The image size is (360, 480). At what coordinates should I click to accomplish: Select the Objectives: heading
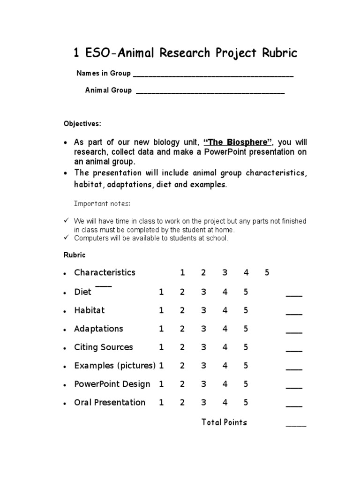pyautogui.click(x=82, y=124)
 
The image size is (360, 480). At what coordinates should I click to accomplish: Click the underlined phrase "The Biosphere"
pyautogui.click(x=238, y=142)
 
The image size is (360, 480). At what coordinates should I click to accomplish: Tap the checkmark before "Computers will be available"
pyautogui.click(x=66, y=238)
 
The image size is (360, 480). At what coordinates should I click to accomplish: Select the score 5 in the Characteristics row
pyautogui.click(x=267, y=273)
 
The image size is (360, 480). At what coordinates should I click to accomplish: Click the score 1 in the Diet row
pyautogui.click(x=161, y=292)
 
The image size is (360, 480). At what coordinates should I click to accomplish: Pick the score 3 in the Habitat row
pyautogui.click(x=203, y=310)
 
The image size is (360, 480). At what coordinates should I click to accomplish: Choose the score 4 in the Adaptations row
pyautogui.click(x=225, y=329)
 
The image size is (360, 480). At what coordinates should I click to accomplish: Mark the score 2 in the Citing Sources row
pyautogui.click(x=182, y=347)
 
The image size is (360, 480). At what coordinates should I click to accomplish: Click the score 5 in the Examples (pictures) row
pyautogui.click(x=246, y=366)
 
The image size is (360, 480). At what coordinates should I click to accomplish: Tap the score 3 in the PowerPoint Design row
pyautogui.click(x=203, y=384)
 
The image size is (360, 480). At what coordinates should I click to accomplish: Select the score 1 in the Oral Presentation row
pyautogui.click(x=161, y=402)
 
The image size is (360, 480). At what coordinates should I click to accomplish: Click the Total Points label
pyautogui.click(x=224, y=422)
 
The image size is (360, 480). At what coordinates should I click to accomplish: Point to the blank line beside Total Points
pyautogui.click(x=296, y=425)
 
